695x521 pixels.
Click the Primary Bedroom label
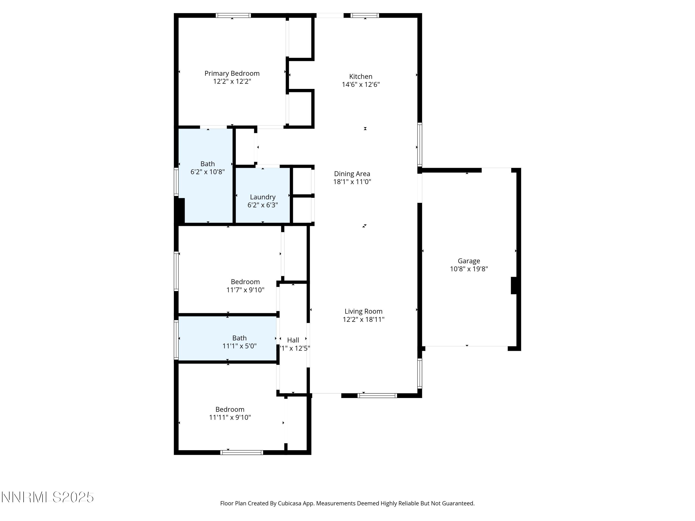pos(232,73)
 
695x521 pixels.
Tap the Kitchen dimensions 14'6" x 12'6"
pos(361,85)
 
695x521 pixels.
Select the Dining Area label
pos(352,174)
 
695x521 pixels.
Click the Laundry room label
pos(263,197)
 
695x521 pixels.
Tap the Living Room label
pos(363,311)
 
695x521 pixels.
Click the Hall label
pos(293,340)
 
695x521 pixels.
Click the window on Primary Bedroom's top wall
pos(233,15)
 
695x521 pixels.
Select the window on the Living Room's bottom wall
pos(377,396)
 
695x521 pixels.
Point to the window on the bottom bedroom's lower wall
pos(242,452)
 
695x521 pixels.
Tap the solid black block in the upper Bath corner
pos(180,210)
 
